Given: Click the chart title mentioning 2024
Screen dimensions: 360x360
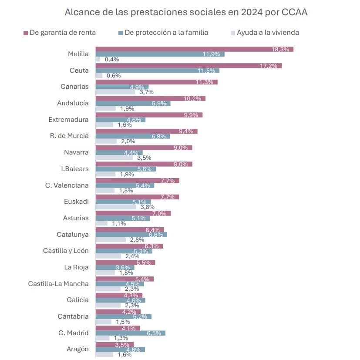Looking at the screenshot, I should [x=186, y=12].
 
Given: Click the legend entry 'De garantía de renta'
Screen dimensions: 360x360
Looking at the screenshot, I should [x=63, y=33].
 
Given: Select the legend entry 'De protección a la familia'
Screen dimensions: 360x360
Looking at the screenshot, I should [x=166, y=33].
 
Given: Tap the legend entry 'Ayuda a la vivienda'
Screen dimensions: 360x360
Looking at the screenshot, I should [x=267, y=33].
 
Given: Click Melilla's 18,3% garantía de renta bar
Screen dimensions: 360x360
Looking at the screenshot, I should [x=194, y=49].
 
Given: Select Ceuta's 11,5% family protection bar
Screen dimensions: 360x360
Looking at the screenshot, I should [x=157, y=71].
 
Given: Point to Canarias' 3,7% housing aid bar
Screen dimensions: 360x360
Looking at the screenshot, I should [x=115, y=92].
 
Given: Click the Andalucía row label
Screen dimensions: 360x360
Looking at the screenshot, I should [x=73, y=103].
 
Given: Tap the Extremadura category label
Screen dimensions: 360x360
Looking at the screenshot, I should [x=68, y=120].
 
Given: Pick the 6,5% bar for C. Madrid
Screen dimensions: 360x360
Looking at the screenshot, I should [x=130, y=333].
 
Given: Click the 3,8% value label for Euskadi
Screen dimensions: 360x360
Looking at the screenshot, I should [x=147, y=207].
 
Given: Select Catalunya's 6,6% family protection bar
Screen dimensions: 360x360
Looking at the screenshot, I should [x=131, y=235].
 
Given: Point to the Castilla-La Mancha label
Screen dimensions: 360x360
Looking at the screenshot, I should [x=58, y=284].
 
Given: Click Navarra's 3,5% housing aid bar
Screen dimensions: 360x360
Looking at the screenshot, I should [x=114, y=158].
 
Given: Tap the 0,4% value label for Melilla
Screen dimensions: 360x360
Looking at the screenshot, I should [x=112, y=59].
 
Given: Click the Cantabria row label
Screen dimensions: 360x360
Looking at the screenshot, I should [x=73, y=316].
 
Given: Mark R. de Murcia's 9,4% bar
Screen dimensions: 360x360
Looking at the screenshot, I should [x=146, y=131].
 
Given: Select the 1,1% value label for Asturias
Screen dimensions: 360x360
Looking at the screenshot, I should [x=119, y=223].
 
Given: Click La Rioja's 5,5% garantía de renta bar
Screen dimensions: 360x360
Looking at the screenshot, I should [x=125, y=262].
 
